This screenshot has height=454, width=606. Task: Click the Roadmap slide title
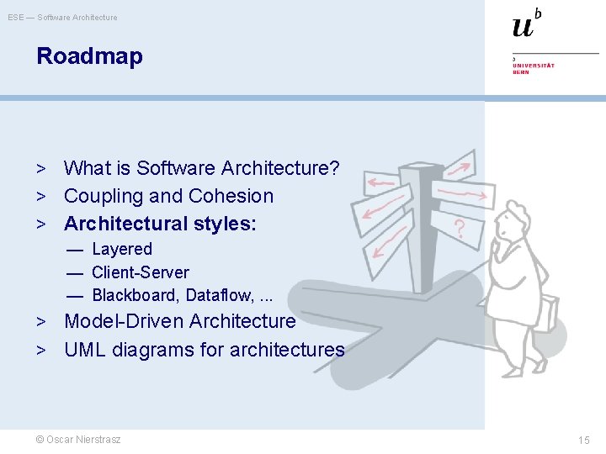(89, 57)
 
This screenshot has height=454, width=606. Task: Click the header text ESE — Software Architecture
(63, 18)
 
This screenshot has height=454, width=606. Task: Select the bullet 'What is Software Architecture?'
(201, 168)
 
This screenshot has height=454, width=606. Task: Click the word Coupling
(98, 197)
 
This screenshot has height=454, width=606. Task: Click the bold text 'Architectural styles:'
(160, 224)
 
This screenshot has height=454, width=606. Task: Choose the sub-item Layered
(122, 249)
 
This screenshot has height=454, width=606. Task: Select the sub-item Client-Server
(141, 272)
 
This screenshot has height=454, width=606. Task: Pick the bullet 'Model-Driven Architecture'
(179, 321)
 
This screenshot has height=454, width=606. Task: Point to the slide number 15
(584, 441)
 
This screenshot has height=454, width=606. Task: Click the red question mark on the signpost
(460, 228)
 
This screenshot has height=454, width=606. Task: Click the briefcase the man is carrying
(548, 313)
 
